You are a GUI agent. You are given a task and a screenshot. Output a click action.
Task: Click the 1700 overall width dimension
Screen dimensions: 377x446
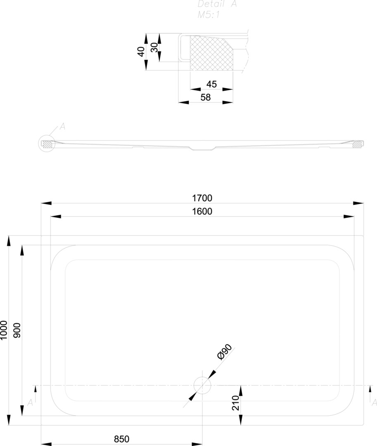202,198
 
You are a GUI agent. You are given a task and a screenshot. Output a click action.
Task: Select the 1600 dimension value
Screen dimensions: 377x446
202,211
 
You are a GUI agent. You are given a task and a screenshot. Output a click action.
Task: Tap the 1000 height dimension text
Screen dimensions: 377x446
3,330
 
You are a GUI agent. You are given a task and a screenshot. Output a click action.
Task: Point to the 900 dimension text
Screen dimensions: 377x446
17,330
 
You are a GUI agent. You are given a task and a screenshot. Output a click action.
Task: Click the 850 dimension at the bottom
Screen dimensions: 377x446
121,439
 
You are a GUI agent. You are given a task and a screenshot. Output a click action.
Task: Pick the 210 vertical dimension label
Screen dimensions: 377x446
236,403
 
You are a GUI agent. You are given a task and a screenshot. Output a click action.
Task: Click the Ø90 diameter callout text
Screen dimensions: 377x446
224,352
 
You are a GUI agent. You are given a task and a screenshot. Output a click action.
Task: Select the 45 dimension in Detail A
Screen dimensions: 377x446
211,84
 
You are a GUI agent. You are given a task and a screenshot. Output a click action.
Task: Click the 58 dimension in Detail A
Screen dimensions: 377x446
206,97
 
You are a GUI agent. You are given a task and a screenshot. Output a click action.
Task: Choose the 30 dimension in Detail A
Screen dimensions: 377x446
154,47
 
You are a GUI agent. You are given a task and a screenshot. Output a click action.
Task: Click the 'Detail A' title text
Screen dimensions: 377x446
217,4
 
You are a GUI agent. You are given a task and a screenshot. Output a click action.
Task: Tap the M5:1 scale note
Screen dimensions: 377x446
209,14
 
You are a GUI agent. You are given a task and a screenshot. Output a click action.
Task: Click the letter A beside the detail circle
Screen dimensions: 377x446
62,127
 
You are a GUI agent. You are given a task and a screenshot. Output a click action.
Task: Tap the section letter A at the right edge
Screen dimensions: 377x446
374,403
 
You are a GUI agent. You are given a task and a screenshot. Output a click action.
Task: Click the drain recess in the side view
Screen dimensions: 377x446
202,148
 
